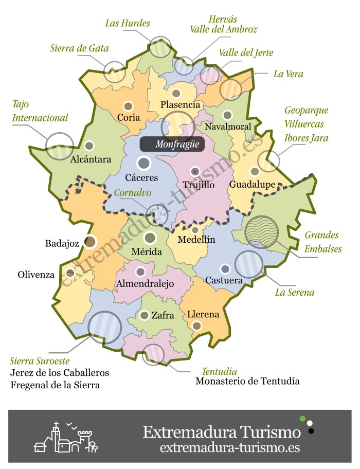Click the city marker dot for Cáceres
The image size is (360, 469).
pos(144,164)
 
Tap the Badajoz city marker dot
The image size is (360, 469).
pos(90,241)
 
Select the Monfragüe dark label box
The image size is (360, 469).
pos(172,145)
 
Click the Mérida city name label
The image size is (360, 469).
pos(147,252)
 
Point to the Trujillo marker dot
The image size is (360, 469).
pos(195,171)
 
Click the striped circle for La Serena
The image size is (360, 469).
pos(248,264)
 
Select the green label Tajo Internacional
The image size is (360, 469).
pos(40,111)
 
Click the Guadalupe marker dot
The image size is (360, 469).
pos(255,171)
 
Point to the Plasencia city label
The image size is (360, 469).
pos(180,105)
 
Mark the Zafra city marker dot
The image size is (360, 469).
pos(145,315)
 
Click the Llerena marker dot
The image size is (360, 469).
pos(196,325)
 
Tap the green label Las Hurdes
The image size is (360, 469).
pos(128,23)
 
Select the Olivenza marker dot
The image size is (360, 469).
pos(70,273)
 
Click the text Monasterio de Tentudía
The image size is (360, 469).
pos(247,382)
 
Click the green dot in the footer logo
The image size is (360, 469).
pos(303,418)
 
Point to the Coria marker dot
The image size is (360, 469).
pos(128,106)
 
